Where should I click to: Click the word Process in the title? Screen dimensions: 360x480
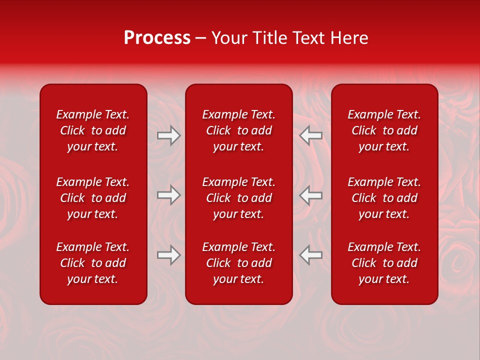(157, 38)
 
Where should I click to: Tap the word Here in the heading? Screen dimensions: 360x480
(348, 38)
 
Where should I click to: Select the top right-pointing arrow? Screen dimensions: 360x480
(169, 135)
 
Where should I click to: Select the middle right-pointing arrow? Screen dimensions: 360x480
(169, 195)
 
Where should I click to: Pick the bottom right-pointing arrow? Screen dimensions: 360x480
(169, 255)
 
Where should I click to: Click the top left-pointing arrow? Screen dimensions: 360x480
(310, 135)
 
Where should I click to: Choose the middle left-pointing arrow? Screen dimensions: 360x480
(310, 195)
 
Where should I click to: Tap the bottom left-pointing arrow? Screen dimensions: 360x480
(310, 255)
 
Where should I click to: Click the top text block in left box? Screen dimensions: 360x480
(93, 130)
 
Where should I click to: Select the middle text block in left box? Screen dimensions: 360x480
(93, 198)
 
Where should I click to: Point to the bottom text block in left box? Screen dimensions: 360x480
(93, 263)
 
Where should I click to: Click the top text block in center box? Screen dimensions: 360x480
(238, 130)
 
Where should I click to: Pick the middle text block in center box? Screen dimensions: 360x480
(238, 198)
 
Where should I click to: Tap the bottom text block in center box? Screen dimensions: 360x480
(238, 263)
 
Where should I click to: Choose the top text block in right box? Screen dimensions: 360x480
(384, 130)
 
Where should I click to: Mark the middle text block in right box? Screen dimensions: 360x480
(384, 198)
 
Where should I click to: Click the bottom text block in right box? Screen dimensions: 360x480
(384, 263)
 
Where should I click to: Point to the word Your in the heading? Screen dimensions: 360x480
(227, 38)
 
